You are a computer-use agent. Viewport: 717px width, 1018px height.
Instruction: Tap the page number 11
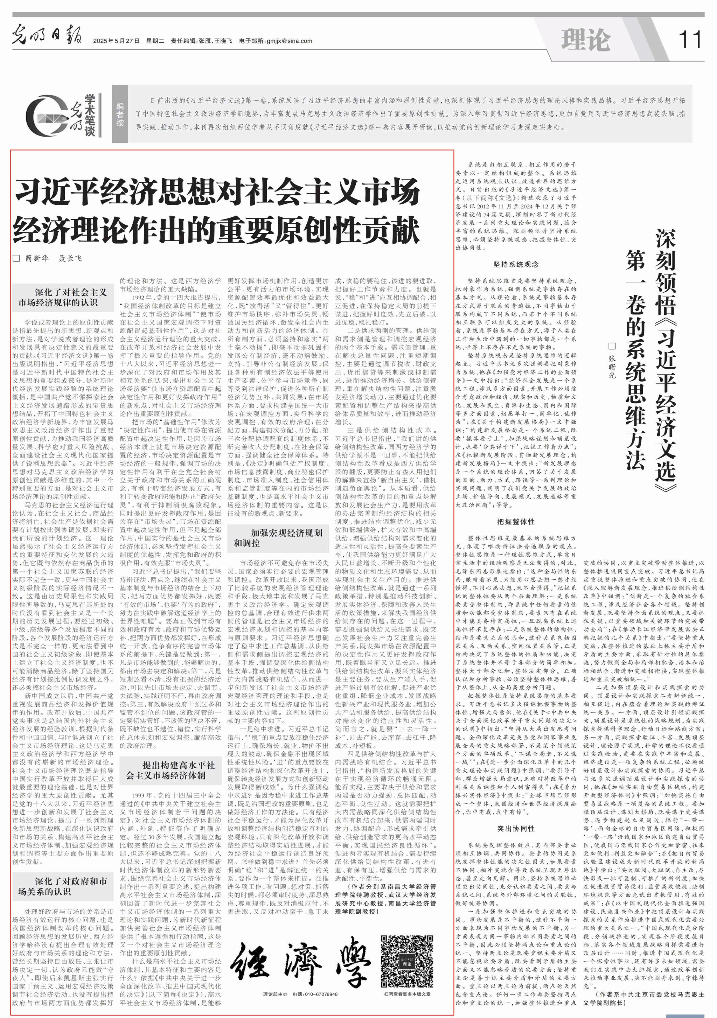pyautogui.click(x=690, y=40)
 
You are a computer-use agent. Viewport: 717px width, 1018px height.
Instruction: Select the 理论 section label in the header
pyautogui.click(x=585, y=40)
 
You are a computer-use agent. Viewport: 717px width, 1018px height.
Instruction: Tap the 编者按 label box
pyautogui.click(x=120, y=114)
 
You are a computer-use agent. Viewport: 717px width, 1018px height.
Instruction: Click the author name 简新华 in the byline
pyautogui.click(x=37, y=258)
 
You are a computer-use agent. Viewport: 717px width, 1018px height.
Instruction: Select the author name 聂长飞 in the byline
pyautogui.click(x=70, y=258)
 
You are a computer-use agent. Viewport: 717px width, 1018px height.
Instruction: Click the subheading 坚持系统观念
pyautogui.click(x=516, y=264)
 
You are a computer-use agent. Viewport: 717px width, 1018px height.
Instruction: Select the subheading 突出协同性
pyautogui.click(x=516, y=828)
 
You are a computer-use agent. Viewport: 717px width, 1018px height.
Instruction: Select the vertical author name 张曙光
pyautogui.click(x=612, y=366)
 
